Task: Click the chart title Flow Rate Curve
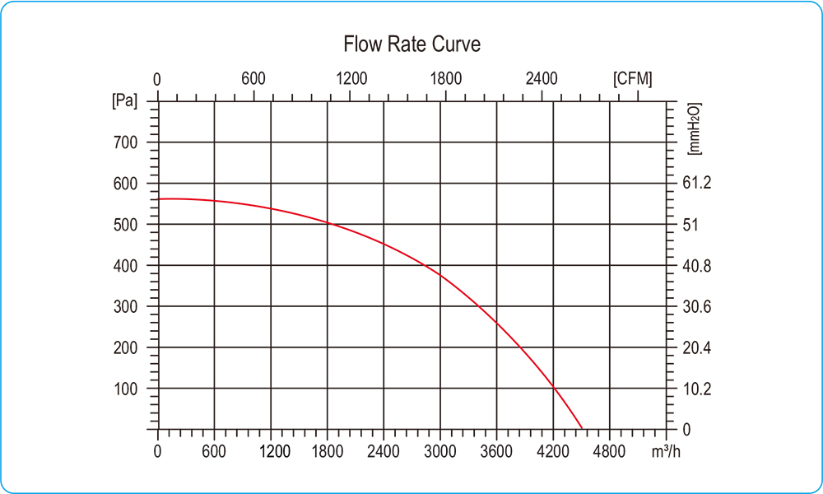(x=411, y=44)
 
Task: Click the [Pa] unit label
(x=124, y=101)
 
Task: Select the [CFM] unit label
(x=633, y=79)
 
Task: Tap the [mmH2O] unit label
(x=693, y=129)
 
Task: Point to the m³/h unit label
(x=665, y=451)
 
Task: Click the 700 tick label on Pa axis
(x=125, y=142)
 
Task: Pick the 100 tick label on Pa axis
(x=125, y=389)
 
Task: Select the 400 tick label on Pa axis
(x=125, y=266)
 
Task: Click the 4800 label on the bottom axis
(x=609, y=451)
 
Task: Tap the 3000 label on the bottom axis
(x=440, y=451)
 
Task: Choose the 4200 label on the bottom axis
(x=553, y=451)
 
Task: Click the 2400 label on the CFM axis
(x=542, y=79)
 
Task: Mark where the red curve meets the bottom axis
(x=583, y=429)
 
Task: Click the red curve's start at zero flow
(x=158, y=199)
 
